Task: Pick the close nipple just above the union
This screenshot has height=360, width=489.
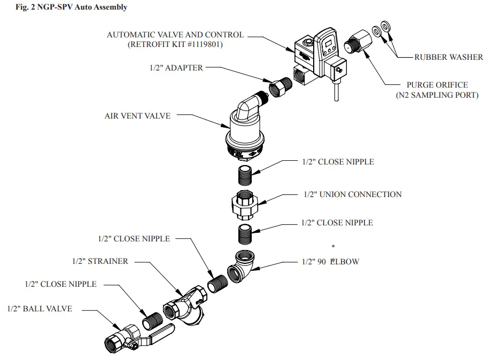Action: (x=245, y=174)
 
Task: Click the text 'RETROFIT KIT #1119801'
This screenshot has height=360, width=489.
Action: (x=175, y=45)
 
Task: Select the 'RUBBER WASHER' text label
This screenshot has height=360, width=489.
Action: (x=448, y=57)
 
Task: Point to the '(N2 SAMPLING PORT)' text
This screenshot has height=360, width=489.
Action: (x=437, y=95)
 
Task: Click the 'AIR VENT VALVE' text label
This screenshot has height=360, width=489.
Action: (x=138, y=115)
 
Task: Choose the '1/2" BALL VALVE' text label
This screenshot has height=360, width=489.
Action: (x=40, y=309)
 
